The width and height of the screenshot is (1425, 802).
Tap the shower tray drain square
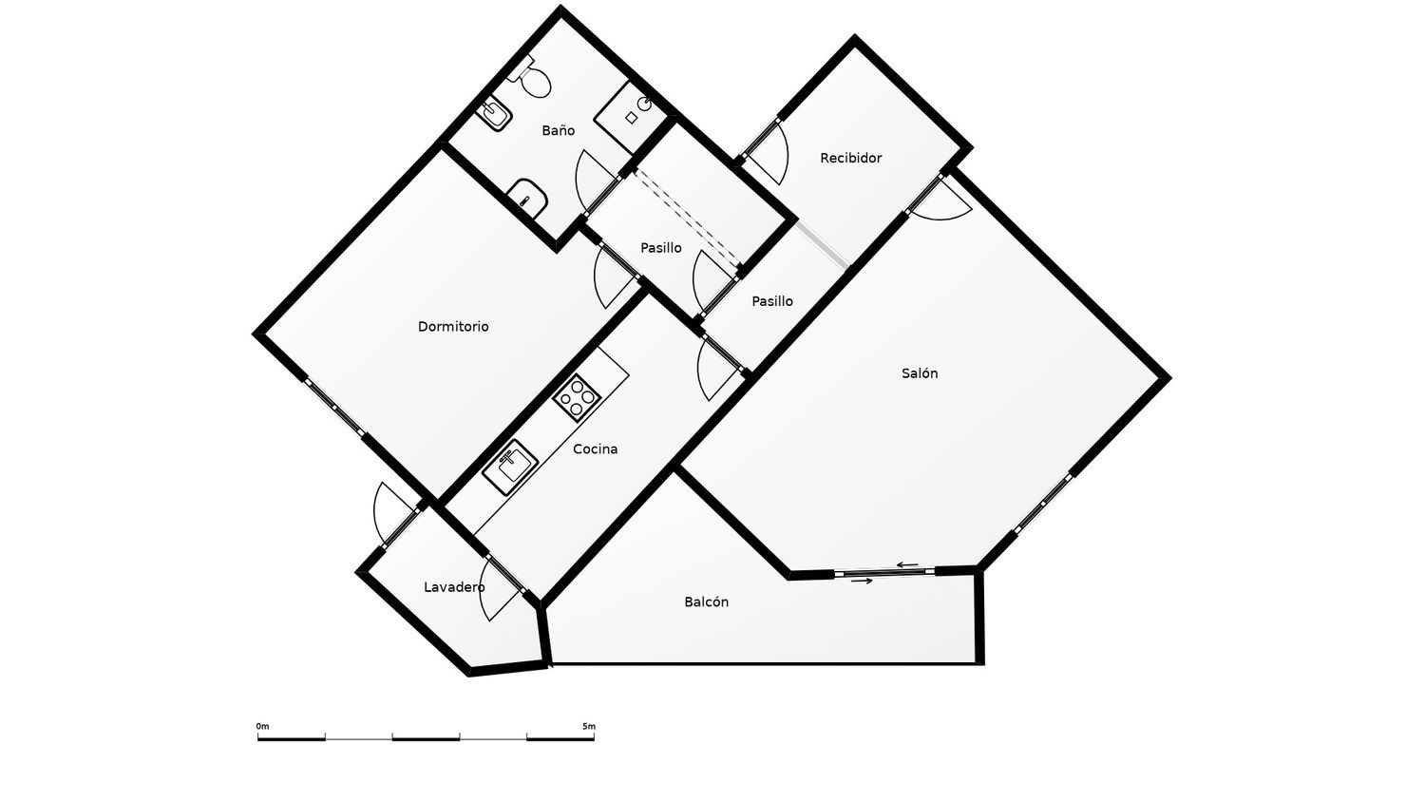[631, 118]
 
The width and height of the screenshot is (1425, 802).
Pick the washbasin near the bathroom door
[526, 198]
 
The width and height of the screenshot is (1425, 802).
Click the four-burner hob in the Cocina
[577, 398]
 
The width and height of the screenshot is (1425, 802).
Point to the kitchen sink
[510, 467]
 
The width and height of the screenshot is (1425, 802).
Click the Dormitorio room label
[453, 327]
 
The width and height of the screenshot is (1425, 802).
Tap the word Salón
[920, 373]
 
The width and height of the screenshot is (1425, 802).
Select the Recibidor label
[850, 158]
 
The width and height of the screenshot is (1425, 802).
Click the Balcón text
[706, 601]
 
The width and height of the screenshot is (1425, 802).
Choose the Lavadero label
[454, 587]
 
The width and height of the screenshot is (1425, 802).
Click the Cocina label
[595, 449]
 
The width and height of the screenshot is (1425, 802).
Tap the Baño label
[558, 130]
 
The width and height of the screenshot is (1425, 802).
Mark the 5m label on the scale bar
[589, 726]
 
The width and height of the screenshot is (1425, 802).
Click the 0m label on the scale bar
[262, 726]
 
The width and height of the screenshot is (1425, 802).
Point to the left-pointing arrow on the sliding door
[907, 564]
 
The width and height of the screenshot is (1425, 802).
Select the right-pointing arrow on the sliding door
[862, 581]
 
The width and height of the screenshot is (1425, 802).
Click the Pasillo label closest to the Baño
[661, 248]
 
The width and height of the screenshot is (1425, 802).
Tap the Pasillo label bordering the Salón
[772, 301]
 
